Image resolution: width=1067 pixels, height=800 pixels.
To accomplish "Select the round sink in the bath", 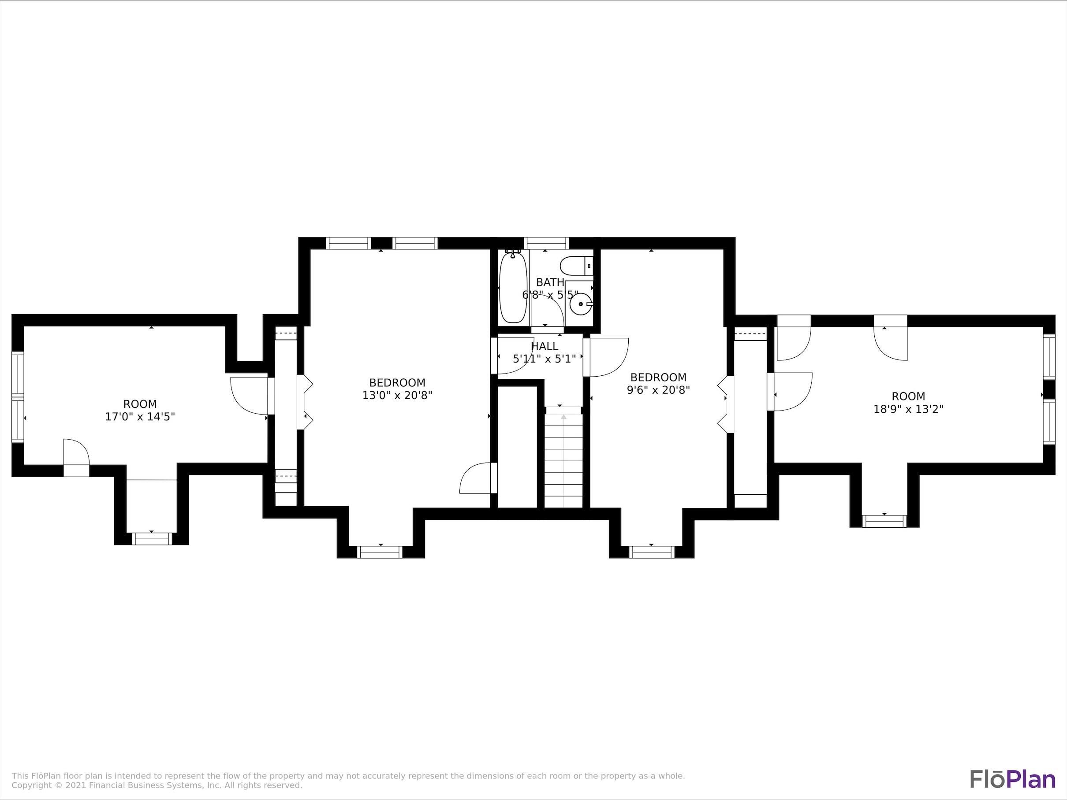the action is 580,304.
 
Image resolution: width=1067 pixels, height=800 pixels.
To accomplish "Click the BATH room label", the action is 550,282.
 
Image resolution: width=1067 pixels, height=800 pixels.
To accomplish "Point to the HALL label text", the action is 545,346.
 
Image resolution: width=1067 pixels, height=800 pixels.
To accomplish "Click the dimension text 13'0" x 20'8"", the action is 397,395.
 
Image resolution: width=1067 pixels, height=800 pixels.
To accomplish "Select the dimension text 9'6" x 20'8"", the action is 658,389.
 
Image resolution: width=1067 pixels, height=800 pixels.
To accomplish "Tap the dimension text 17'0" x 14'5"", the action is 140,416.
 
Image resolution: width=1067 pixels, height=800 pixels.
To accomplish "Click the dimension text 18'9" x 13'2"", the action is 908,409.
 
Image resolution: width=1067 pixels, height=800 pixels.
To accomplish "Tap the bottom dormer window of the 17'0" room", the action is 152,538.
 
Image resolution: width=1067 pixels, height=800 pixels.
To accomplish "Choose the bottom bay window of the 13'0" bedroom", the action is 381,552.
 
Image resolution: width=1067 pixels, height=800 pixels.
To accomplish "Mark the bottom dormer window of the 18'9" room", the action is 884,521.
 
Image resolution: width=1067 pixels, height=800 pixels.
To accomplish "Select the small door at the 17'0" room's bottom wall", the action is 76,458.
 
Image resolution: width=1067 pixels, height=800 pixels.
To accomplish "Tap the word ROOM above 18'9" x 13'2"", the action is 908,396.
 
